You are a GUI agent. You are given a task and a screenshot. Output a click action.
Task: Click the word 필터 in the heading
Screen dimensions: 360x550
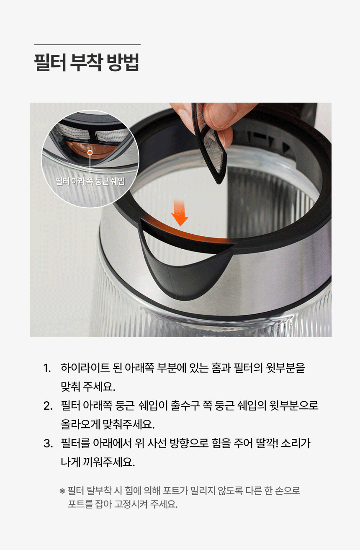pos(50,62)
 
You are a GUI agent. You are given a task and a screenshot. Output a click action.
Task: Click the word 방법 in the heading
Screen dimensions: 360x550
pos(123,62)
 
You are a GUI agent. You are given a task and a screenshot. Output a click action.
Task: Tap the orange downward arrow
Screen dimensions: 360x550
pos(180,213)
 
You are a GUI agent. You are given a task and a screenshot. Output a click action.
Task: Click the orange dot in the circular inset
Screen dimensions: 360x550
pos(90,153)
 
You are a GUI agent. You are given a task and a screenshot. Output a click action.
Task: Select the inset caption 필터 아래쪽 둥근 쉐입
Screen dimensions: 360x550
pos(90,181)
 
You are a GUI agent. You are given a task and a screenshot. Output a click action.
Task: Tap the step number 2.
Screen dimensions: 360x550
pos(48,406)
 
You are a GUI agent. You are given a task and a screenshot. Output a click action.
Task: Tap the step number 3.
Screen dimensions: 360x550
pos(48,444)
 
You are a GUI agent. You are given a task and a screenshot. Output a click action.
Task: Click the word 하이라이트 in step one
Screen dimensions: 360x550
pos(85,368)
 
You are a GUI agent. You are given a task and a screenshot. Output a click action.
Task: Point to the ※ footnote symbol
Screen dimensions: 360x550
pos(62,491)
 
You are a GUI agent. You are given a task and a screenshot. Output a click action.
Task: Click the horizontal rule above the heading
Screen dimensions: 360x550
pos(87,45)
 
